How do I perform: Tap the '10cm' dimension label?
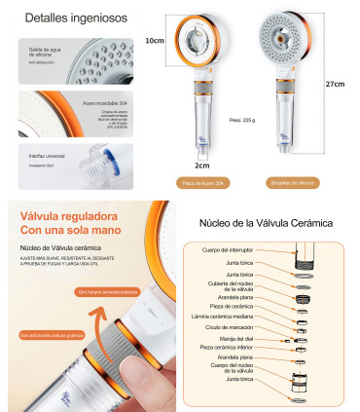pos(154,42)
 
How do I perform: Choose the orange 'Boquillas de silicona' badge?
pos(295,182)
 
